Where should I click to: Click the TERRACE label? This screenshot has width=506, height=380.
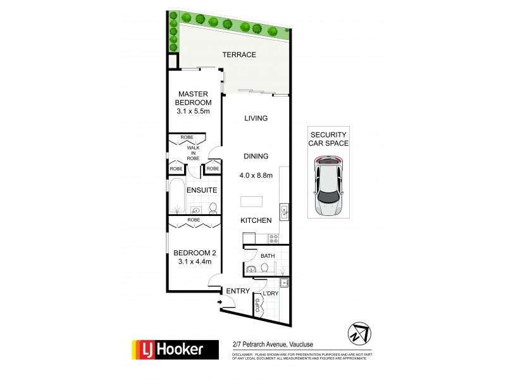pyautogui.click(x=239, y=55)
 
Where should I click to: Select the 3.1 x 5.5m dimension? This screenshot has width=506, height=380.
pyautogui.click(x=194, y=111)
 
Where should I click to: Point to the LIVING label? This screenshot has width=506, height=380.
pyautogui.click(x=256, y=118)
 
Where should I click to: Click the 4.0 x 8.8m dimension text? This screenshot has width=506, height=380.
pyautogui.click(x=256, y=175)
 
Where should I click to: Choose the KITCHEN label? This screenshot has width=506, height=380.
pyautogui.click(x=256, y=220)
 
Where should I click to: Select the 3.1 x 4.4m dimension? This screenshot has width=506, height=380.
pyautogui.click(x=194, y=259)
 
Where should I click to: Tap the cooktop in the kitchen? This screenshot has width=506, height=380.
pyautogui.click(x=275, y=239)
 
